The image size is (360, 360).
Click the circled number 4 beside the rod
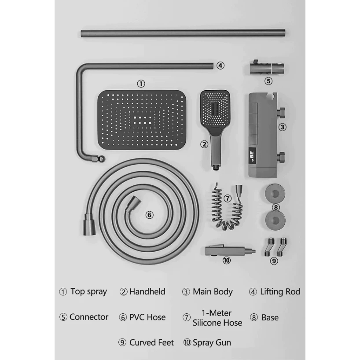[x=220, y=66]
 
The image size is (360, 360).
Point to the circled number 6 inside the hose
[x=149, y=215]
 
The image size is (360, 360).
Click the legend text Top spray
[x=88, y=291]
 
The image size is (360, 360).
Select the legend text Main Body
[x=213, y=291]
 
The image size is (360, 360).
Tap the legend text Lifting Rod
[x=280, y=291]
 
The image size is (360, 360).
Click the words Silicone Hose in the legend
[x=217, y=323]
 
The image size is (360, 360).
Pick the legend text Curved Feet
[x=151, y=342]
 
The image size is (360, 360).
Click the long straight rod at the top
[x=183, y=32]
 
